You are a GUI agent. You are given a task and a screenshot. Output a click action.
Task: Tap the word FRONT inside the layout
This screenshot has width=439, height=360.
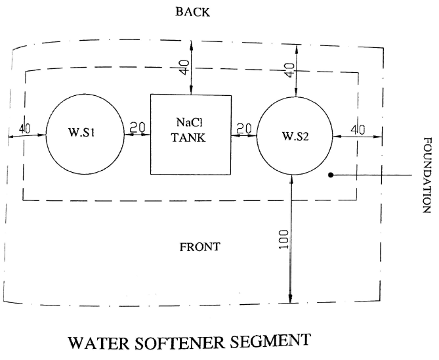pyautogui.click(x=199, y=247)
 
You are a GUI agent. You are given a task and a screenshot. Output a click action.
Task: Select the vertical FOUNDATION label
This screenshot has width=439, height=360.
pyautogui.click(x=428, y=175)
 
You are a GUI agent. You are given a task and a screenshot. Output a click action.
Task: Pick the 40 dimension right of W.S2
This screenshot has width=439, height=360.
pyautogui.click(x=358, y=129)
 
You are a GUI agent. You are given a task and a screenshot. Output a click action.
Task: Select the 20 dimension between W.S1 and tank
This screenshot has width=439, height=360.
pyautogui.click(x=138, y=128)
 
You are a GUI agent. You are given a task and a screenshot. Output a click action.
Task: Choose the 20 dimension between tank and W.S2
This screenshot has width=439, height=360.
pyautogui.click(x=244, y=128)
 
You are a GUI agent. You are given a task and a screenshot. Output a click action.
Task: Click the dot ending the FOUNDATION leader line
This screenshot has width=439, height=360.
pyautogui.click(x=331, y=175)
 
